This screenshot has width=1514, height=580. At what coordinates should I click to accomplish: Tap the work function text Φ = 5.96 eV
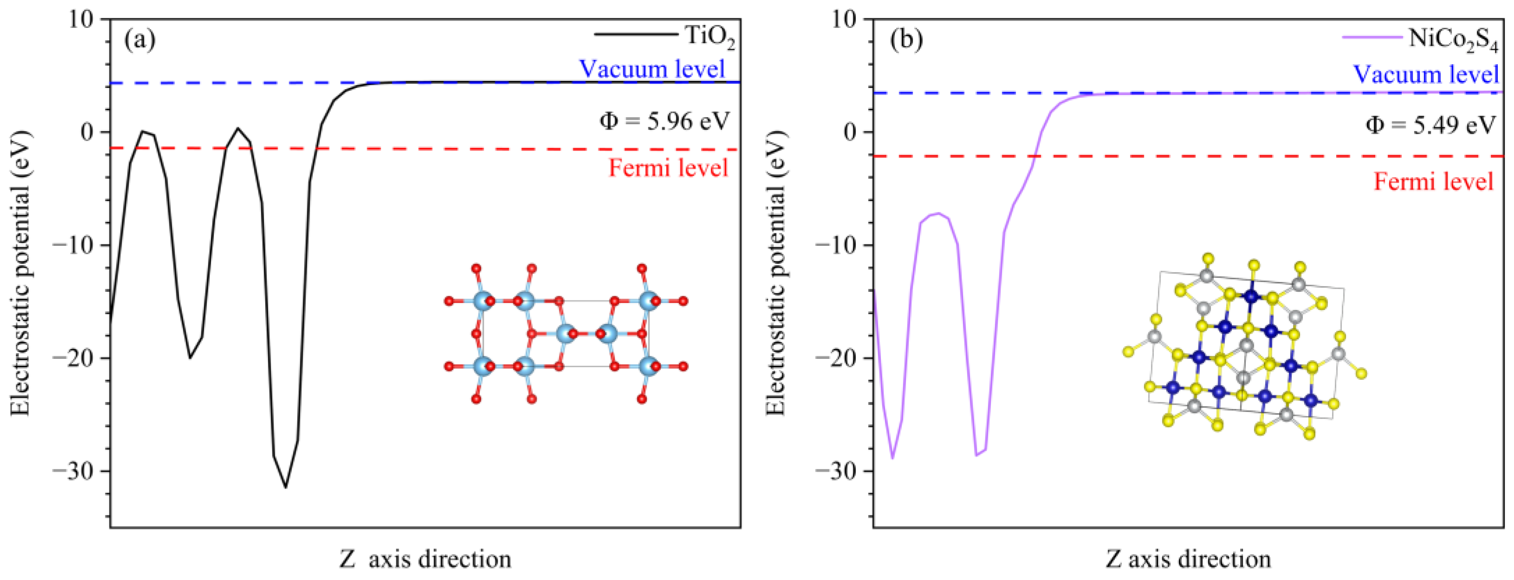(x=665, y=121)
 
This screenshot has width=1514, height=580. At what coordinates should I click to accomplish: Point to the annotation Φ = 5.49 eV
(x=1430, y=125)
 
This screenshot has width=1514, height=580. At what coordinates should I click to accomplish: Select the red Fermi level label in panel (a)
(x=668, y=168)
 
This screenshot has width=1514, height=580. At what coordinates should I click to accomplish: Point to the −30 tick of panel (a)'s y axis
(x=73, y=472)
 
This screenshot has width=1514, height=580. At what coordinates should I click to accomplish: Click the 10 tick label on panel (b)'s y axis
(x=843, y=20)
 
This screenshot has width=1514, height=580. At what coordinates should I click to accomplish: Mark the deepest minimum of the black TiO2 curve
(x=285, y=487)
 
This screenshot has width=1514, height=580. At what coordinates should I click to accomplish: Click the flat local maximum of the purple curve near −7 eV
(x=938, y=213)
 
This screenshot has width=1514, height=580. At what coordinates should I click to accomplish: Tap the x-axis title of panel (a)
(x=425, y=559)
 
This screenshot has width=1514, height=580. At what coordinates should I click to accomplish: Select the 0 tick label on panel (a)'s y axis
(x=87, y=132)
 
